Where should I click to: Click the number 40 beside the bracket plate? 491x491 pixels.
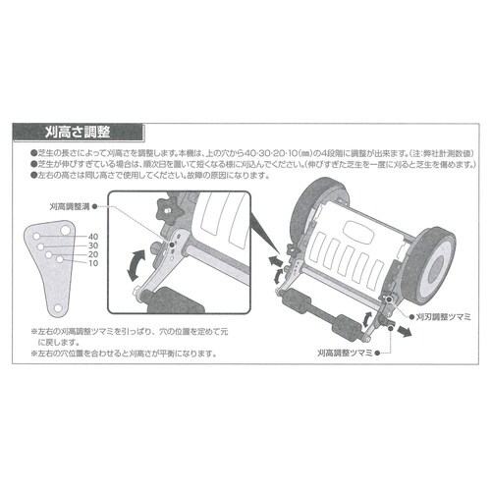93,237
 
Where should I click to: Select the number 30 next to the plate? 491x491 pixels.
93,246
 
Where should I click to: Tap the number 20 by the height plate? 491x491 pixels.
93,256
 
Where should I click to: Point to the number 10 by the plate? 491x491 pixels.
93,265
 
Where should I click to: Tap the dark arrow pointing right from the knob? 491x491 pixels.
403,333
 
